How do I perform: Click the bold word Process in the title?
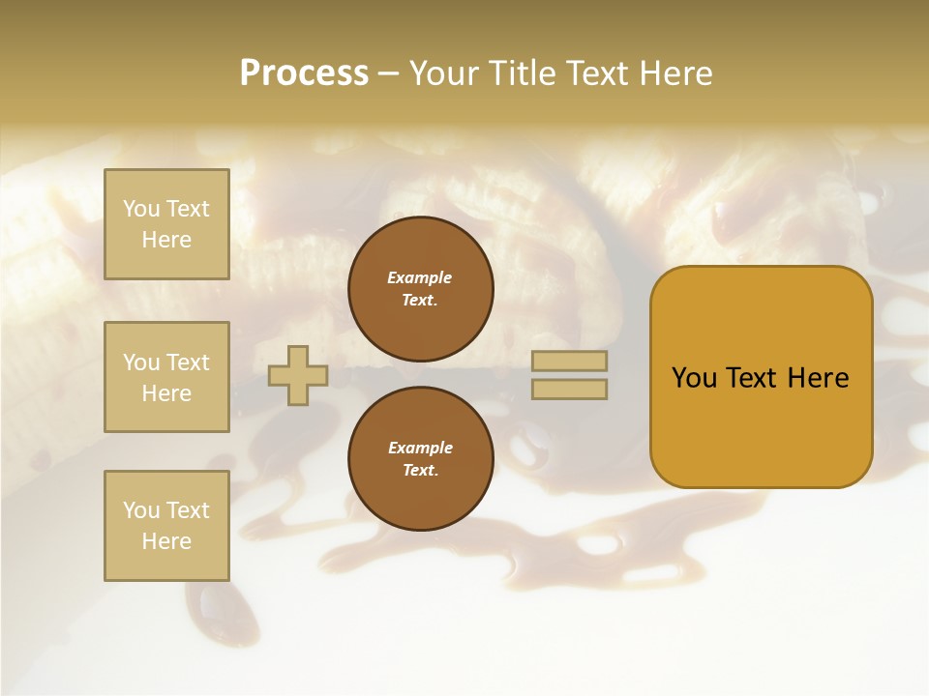pyautogui.click(x=304, y=73)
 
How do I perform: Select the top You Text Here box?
pyautogui.click(x=166, y=224)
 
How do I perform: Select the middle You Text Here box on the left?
pyautogui.click(x=166, y=377)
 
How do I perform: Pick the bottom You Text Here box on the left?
pyautogui.click(x=166, y=525)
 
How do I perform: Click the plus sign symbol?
pyautogui.click(x=298, y=375)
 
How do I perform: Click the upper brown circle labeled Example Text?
pyautogui.click(x=420, y=289)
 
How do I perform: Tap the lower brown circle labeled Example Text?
pyautogui.click(x=420, y=459)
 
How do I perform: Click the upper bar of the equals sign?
pyautogui.click(x=569, y=362)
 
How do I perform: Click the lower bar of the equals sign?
pyautogui.click(x=569, y=389)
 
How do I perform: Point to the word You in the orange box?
pyautogui.click(x=694, y=378)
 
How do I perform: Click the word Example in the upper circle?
pyautogui.click(x=420, y=277)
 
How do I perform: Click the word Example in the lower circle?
pyautogui.click(x=420, y=448)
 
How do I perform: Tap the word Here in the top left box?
pyautogui.click(x=166, y=240)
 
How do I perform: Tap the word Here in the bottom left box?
pyautogui.click(x=166, y=541)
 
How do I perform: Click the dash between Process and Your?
pyautogui.click(x=388, y=74)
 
